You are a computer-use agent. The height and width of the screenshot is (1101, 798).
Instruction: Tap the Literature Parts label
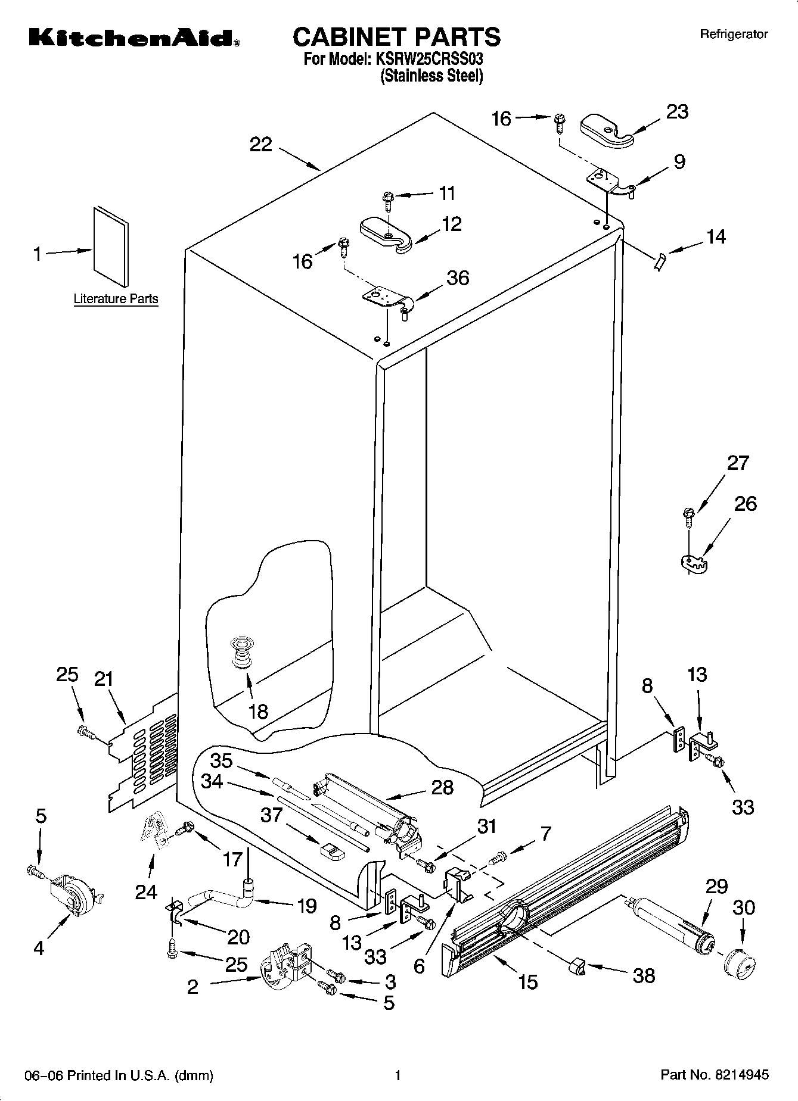[x=116, y=299]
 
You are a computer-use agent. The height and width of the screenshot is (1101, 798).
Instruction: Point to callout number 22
[x=260, y=144]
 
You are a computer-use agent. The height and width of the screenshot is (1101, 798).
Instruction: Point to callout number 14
[x=716, y=236]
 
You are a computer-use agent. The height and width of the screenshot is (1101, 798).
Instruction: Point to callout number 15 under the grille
[x=528, y=981]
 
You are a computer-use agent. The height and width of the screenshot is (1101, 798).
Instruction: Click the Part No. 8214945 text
[x=715, y=1075]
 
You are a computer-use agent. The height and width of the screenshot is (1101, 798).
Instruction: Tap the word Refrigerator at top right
[x=734, y=35]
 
